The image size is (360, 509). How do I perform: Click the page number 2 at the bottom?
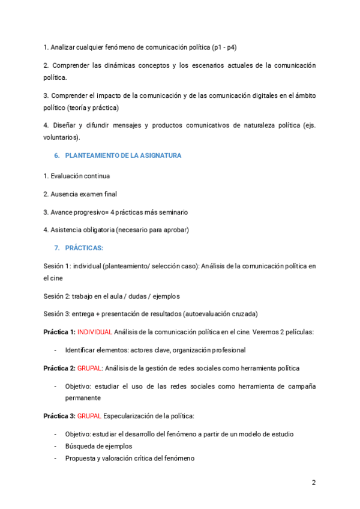[x=314, y=483]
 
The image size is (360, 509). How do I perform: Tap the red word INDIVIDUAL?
[x=94, y=332]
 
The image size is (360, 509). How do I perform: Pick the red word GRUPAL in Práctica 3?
[x=89, y=416]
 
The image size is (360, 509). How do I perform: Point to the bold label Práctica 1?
[x=59, y=332]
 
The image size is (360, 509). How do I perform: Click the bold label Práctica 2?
[x=59, y=368]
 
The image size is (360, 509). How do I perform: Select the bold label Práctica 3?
[x=59, y=416]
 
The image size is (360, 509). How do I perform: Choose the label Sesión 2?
[x=56, y=296]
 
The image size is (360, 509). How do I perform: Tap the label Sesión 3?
[x=56, y=314]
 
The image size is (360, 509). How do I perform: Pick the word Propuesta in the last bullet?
[x=80, y=458]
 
